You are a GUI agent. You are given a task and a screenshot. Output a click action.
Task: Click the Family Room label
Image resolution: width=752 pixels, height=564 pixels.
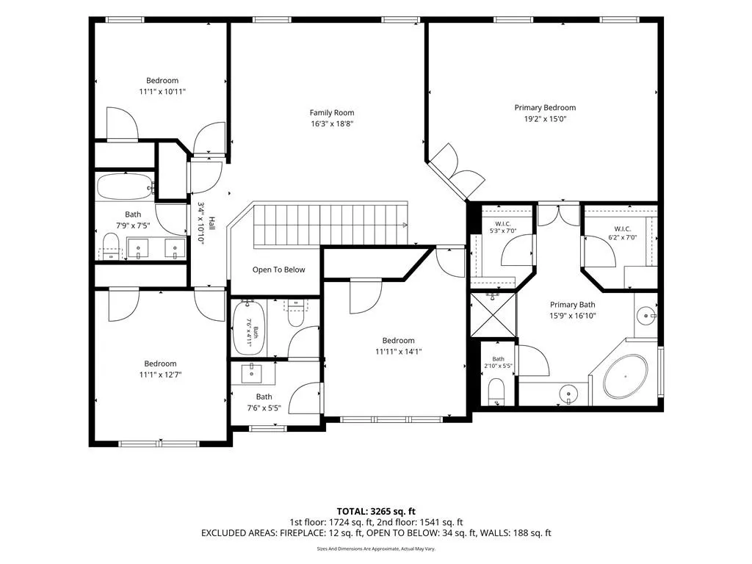coord(332,112)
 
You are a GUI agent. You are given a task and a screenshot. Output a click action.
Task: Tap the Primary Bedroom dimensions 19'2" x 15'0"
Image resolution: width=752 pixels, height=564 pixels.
coord(546,118)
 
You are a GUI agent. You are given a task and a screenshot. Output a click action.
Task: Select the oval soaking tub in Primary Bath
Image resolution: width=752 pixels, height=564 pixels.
coord(626,377)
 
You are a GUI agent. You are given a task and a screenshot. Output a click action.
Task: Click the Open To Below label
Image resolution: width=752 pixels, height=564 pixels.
coord(278,270)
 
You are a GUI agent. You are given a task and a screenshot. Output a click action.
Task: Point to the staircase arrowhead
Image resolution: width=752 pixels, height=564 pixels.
coord(405,225)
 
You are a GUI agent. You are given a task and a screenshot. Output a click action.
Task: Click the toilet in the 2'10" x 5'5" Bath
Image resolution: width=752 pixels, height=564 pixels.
coord(496,391)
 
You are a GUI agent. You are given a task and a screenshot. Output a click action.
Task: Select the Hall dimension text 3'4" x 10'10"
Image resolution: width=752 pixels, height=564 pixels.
coord(201,223)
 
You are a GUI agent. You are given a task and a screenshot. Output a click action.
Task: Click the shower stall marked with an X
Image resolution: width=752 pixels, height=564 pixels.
coord(493,315)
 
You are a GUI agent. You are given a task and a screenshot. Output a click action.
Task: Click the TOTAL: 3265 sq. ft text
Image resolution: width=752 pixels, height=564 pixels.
coord(376,511)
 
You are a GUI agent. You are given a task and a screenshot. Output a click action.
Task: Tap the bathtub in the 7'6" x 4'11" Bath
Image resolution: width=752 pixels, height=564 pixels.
coord(249,328)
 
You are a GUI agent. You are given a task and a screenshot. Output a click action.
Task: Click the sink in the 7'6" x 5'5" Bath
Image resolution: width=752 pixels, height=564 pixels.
coord(251,373)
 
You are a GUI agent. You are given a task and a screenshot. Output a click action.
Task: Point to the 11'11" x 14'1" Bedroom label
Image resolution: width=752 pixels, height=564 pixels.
coord(399,341)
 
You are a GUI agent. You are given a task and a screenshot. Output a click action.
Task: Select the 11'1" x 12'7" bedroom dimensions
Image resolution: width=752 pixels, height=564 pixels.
coord(161,375)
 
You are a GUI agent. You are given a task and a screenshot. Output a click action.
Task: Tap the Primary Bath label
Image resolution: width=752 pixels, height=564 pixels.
coord(573,305)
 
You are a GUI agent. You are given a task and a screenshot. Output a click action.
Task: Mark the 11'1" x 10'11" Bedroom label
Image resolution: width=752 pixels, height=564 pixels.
coord(162,81)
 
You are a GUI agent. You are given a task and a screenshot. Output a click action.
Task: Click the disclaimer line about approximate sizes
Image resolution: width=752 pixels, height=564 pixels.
coord(376,549)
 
